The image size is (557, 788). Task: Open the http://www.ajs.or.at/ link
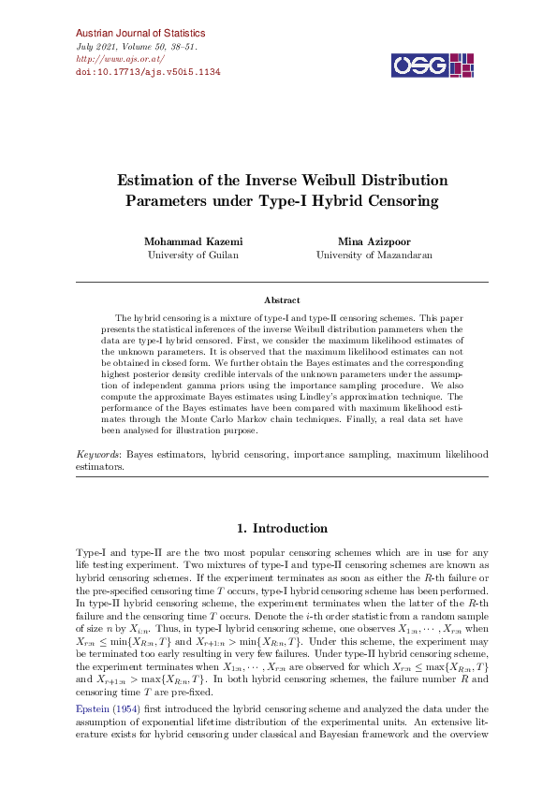[x=111, y=58]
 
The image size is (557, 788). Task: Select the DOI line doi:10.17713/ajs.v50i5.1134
[x=147, y=71]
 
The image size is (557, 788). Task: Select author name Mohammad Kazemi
[x=193, y=241]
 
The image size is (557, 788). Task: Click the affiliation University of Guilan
[x=193, y=255]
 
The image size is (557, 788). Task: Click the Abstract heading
[x=282, y=300]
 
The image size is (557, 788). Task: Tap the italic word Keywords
[x=97, y=454]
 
